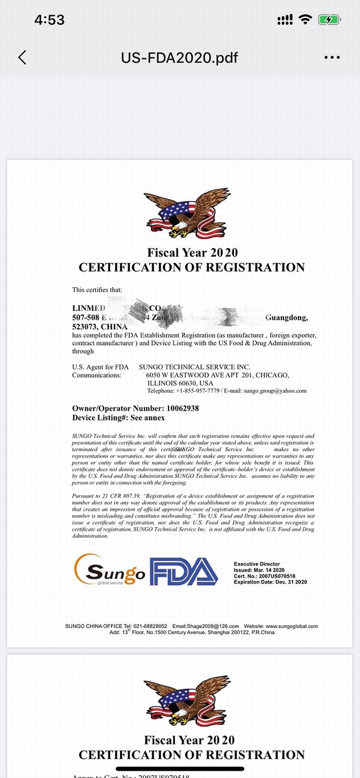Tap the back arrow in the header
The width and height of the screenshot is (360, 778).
click(22, 57)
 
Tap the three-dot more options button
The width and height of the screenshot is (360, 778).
click(332, 57)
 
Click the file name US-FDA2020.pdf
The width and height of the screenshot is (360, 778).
click(179, 57)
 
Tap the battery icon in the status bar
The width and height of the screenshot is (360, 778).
click(329, 20)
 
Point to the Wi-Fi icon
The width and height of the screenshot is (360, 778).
click(305, 20)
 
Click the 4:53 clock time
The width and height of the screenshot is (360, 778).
click(49, 20)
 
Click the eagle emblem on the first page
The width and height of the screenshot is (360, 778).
click(180, 214)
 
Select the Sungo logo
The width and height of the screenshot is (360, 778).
click(110, 570)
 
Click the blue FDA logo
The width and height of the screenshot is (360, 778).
click(183, 571)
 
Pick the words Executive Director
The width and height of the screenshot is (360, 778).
click(256, 564)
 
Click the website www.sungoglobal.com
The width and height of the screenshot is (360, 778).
click(291, 626)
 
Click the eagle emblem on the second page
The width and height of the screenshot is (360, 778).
click(180, 702)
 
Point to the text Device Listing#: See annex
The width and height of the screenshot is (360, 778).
click(119, 418)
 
